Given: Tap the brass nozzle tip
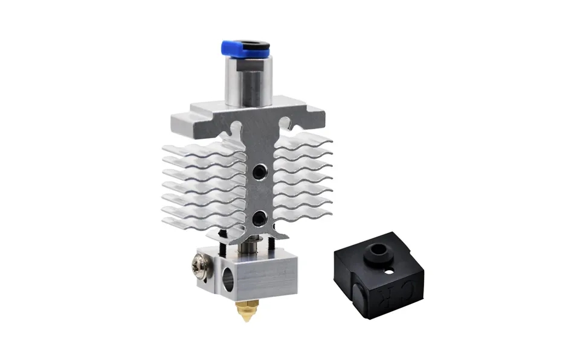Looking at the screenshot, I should [245, 311].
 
